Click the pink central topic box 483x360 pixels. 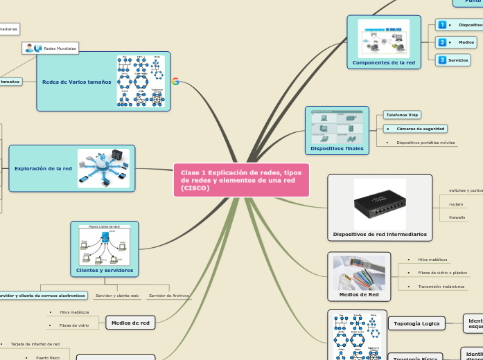pyautogui.click(x=240, y=180)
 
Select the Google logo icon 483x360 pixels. pyautogui.click(x=175, y=81)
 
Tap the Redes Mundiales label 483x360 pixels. pyautogui.click(x=60, y=48)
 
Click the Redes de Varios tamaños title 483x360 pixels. pyautogui.click(x=76, y=82)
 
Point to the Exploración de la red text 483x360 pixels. pyautogui.click(x=43, y=168)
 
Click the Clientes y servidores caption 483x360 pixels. pyautogui.click(x=105, y=270)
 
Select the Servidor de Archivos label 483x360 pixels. pyautogui.click(x=169, y=296)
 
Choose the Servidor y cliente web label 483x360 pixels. pyautogui.click(x=117, y=296)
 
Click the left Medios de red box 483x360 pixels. pyautogui.click(x=131, y=323)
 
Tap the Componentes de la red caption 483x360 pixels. pyautogui.click(x=383, y=63)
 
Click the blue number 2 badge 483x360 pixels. pyautogui.click(x=442, y=42)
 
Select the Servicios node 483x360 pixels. pyautogui.click(x=458, y=60)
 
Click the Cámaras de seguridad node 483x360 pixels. pyautogui.click(x=416, y=129)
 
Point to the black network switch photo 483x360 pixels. pyautogui.click(x=380, y=204)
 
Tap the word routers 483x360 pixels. pyautogui.click(x=456, y=204)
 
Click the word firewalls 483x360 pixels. pyautogui.click(x=457, y=217)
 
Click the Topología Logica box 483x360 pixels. pyautogui.click(x=416, y=323)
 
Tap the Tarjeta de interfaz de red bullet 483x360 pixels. pyautogui.click(x=35, y=343)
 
